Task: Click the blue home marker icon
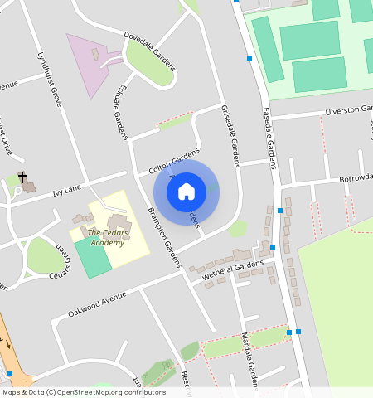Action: pos(186,192)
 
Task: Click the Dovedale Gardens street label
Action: pos(149,49)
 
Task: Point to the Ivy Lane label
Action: pos(67,189)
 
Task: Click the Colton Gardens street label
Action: pos(174,159)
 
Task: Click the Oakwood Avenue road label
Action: pos(98,305)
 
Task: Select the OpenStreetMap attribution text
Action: pos(84,392)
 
